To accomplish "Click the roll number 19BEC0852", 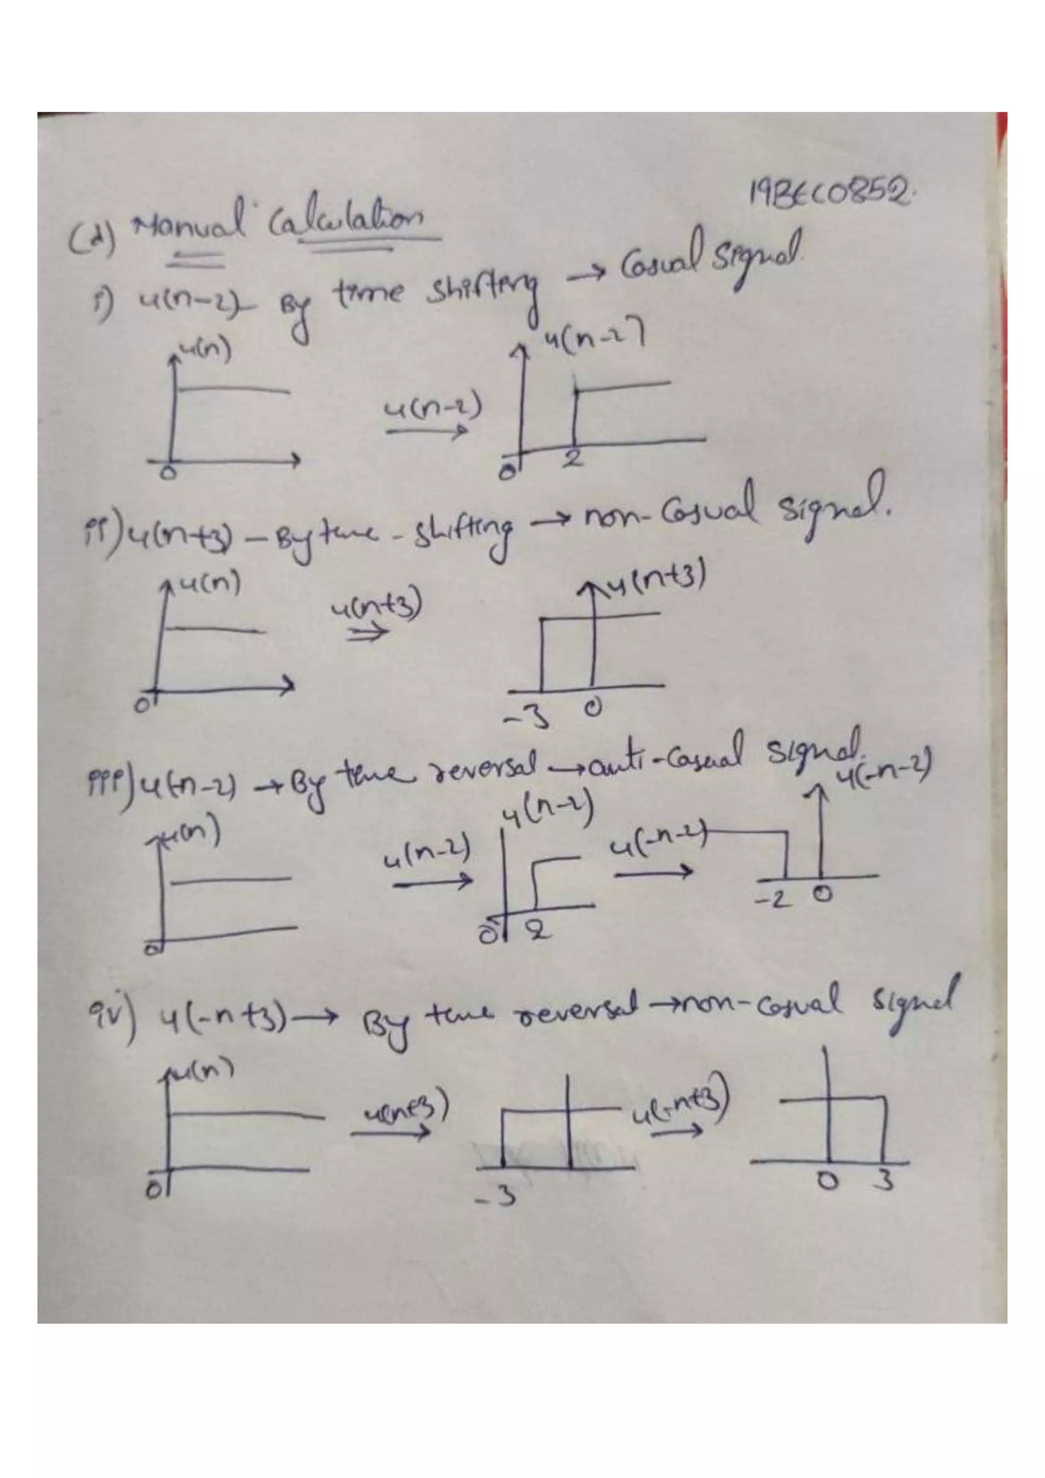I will (x=830, y=192).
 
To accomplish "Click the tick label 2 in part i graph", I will (x=573, y=458).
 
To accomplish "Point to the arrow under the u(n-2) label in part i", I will (x=426, y=432).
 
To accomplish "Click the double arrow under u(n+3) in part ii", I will (x=368, y=633).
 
